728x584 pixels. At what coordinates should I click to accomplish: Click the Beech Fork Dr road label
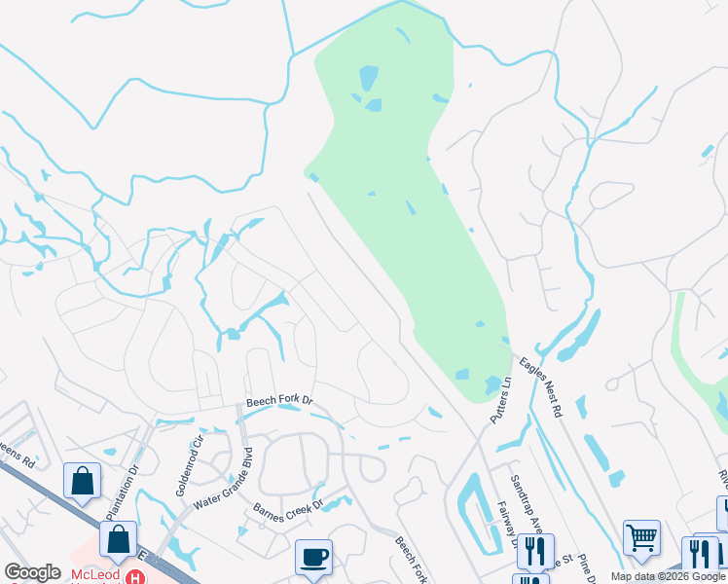278,400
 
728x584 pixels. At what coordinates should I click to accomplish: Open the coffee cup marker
313,557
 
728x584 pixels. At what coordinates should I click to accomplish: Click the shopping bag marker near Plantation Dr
82,480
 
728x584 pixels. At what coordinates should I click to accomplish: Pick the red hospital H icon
136,576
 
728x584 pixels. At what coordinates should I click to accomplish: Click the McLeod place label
96,575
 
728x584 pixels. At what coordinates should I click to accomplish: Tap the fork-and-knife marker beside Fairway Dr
534,551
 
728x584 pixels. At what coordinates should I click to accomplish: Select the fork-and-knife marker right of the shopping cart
699,554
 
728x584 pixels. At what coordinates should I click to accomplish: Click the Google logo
33,573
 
